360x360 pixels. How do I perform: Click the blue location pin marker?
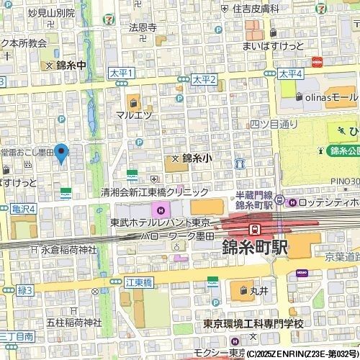pyautogui.click(x=62, y=152)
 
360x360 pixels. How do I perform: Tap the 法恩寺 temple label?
pyautogui.click(x=143, y=28)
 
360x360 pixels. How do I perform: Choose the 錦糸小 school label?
pyautogui.click(x=195, y=158)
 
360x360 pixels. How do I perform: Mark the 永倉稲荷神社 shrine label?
pyautogui.click(x=69, y=251)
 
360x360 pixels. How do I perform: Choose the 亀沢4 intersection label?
pyautogui.click(x=24, y=208)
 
